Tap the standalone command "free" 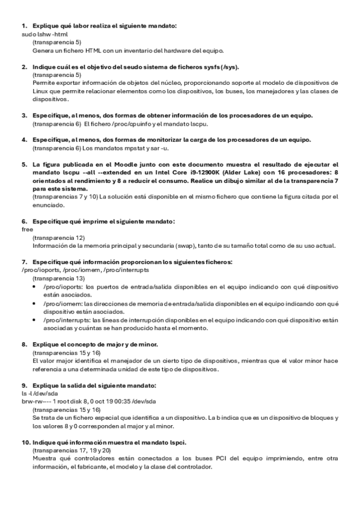coord(26,230)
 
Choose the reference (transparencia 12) coord(58,238)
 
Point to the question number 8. coord(24,345)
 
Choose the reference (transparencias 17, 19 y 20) coord(72,450)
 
